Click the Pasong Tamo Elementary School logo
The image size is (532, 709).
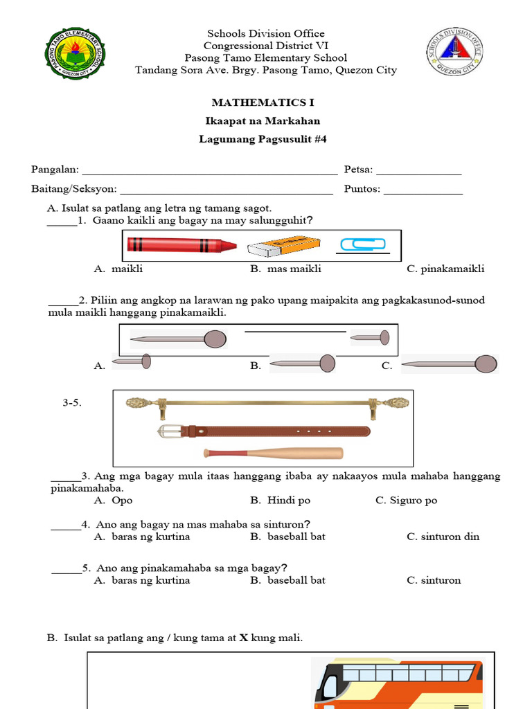pyautogui.click(x=73, y=53)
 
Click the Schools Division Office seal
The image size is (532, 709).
pyautogui.click(x=454, y=53)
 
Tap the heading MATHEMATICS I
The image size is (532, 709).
pyautogui.click(x=263, y=102)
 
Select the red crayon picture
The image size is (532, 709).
pyautogui.click(x=181, y=245)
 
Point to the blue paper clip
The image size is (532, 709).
pyautogui.click(x=362, y=244)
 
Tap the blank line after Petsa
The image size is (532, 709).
pyautogui.click(x=418, y=171)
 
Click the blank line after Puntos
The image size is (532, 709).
pyautogui.click(x=423, y=190)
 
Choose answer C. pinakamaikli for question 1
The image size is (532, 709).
pyautogui.click(x=445, y=269)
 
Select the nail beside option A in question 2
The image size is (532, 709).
pyautogui.click(x=131, y=361)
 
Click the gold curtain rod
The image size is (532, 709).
pyautogui.click(x=267, y=402)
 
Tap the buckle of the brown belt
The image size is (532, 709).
pyautogui.click(x=168, y=431)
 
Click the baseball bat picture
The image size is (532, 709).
pyautogui.click(x=273, y=454)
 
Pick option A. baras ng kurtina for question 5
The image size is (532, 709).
pyautogui.click(x=142, y=580)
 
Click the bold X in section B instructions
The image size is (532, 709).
pyautogui.click(x=243, y=638)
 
